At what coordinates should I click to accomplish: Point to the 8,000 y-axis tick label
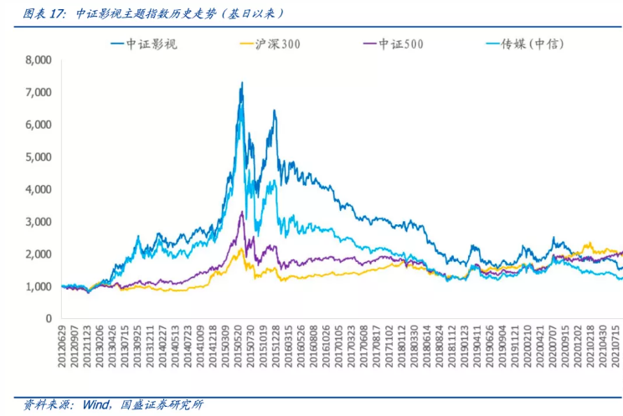pyautogui.click(x=39, y=60)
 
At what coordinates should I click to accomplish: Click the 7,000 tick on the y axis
pyautogui.click(x=39, y=92)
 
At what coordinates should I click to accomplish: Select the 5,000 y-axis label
pyautogui.click(x=39, y=157)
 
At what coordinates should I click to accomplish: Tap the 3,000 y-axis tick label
pyautogui.click(x=39, y=221)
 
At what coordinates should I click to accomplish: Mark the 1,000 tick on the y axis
pyautogui.click(x=39, y=286)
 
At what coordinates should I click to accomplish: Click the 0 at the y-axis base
pyautogui.click(x=49, y=318)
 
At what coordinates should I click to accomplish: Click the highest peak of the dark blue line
pyautogui.click(x=242, y=83)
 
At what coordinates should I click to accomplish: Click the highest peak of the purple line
pyautogui.click(x=242, y=212)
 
